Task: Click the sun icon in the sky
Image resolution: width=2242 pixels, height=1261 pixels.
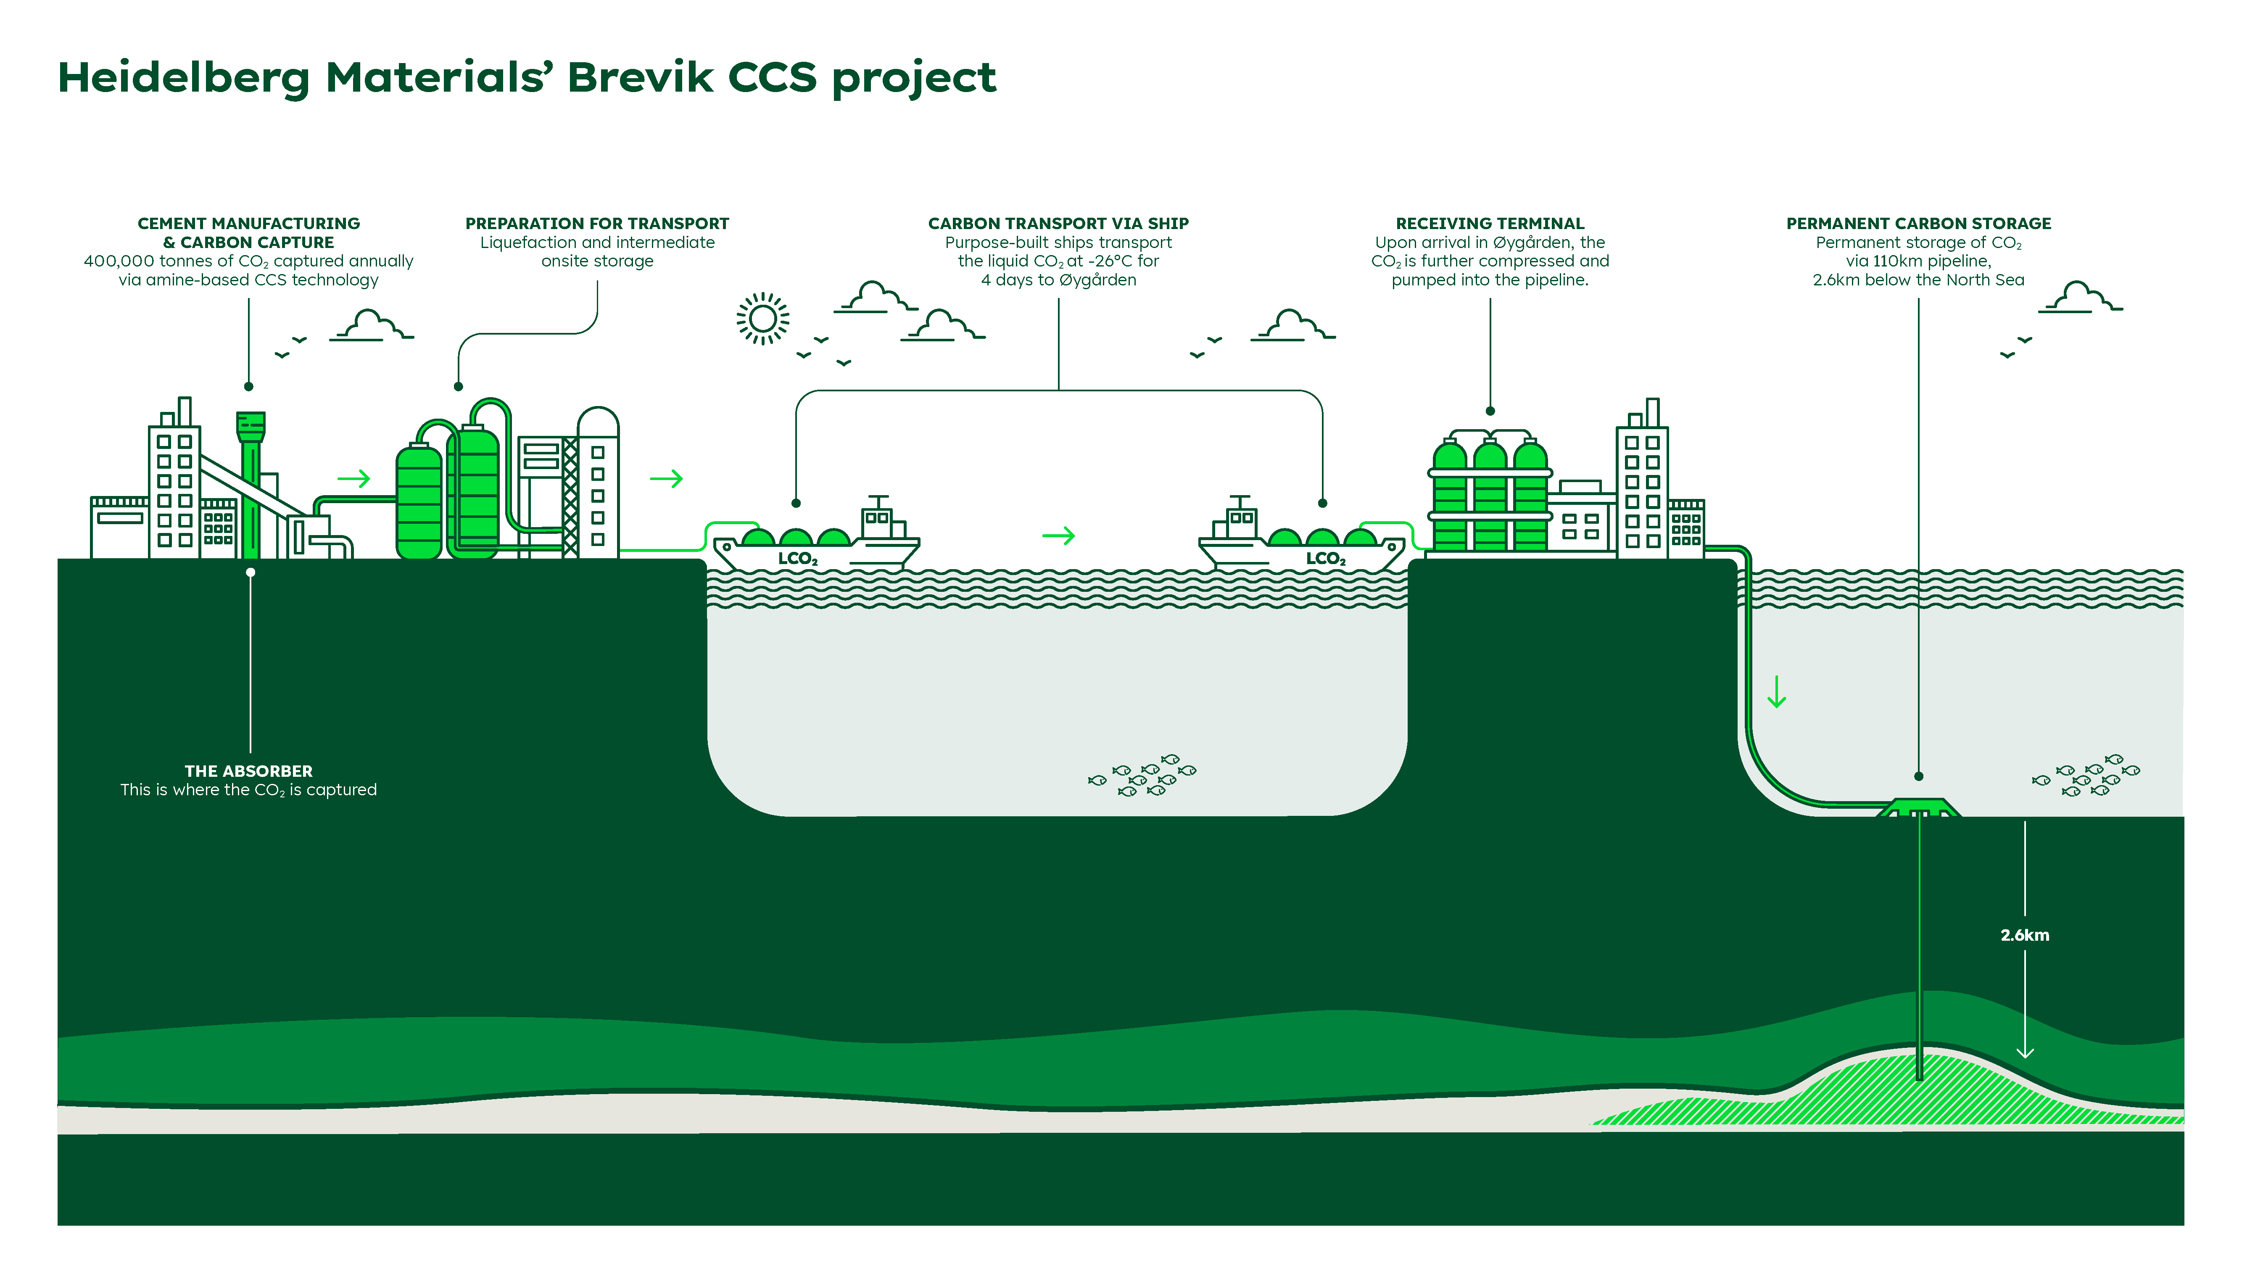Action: click(x=762, y=319)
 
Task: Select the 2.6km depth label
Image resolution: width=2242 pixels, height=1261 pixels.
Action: click(x=2024, y=936)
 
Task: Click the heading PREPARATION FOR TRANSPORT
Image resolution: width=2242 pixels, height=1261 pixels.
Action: click(x=597, y=224)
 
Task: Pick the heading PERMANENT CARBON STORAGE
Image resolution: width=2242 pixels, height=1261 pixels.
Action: click(x=1918, y=224)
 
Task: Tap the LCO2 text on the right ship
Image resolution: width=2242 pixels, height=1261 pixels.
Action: click(x=1325, y=559)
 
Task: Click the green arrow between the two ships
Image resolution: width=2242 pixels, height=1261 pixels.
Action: click(x=1058, y=535)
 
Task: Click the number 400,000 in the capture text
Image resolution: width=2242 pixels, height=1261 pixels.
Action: click(x=119, y=261)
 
